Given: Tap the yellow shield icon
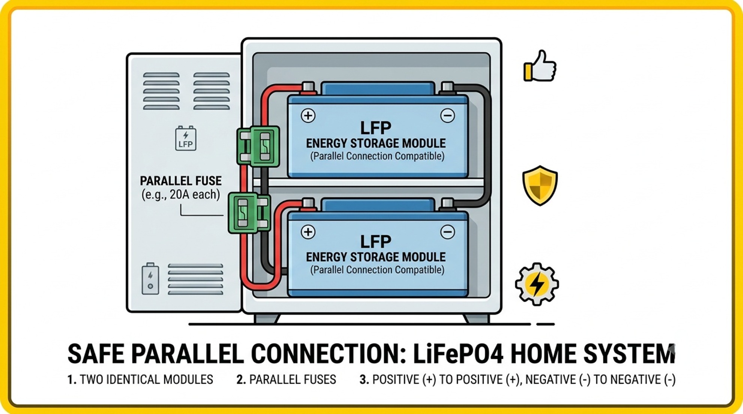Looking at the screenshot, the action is [540, 185].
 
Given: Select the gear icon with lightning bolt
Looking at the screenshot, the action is [537, 284].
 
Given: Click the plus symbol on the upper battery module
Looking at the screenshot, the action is [308, 116].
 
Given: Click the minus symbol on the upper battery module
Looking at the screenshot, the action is [447, 116].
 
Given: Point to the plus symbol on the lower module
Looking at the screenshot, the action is [308, 232].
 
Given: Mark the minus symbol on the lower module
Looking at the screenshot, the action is [447, 232].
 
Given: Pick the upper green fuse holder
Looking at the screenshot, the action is [258, 146].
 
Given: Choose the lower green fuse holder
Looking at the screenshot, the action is [249, 213].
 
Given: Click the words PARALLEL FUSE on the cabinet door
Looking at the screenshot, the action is [180, 181].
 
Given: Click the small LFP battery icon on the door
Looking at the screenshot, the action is [186, 138].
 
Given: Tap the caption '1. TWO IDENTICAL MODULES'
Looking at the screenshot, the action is [140, 380].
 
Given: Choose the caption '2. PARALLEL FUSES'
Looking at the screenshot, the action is [286, 380].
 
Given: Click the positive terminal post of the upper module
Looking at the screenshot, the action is [308, 88].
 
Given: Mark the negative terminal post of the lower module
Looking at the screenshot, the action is [447, 205].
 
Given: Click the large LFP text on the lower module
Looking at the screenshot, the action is [376, 242].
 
